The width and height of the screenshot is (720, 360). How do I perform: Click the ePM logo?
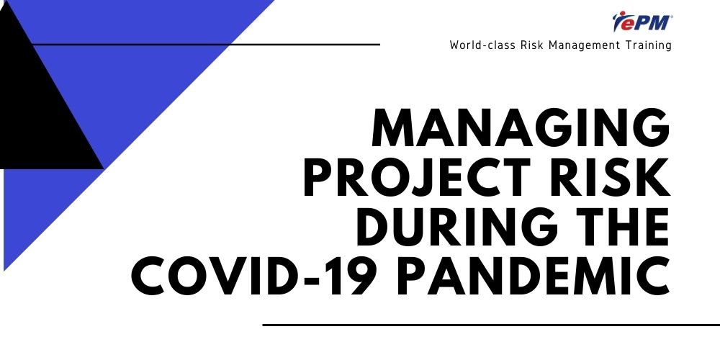tap(642, 22)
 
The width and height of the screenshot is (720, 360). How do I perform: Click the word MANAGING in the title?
tap(521, 128)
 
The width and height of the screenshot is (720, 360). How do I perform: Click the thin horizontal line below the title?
tap(491, 325)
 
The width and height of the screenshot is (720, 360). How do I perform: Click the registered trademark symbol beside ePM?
tap(671, 17)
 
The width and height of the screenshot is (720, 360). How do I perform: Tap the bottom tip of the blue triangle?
tap(4, 271)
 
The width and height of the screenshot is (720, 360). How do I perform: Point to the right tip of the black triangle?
tap(103, 168)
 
